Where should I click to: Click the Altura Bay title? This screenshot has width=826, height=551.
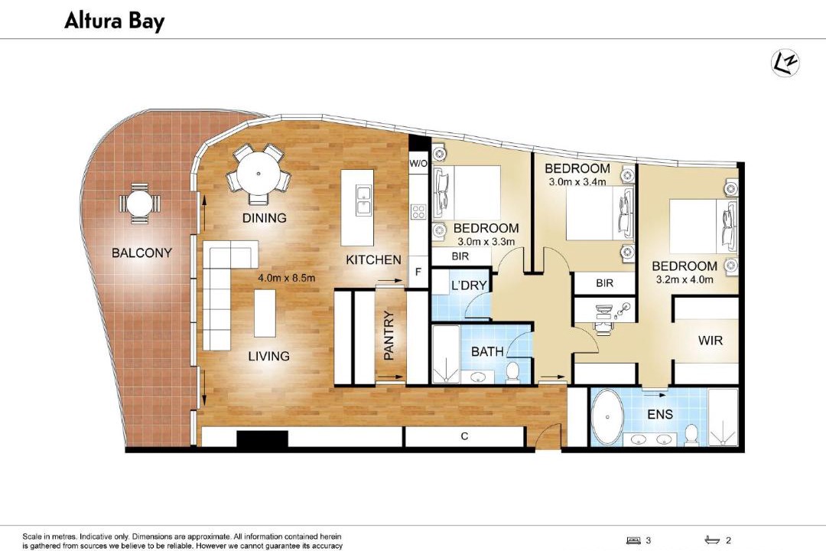(x=114, y=21)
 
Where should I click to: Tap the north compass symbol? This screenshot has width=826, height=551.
(x=785, y=64)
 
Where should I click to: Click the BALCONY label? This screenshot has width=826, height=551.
(x=141, y=253)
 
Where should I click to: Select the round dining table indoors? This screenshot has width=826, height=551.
(x=259, y=174)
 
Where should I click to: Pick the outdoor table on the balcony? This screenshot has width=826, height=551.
(x=140, y=203)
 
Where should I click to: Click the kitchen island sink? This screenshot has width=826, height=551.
(x=363, y=201)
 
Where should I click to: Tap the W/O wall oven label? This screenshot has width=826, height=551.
(x=418, y=164)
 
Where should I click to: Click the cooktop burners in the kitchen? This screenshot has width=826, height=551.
(x=419, y=212)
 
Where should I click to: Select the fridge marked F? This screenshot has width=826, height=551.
(x=418, y=272)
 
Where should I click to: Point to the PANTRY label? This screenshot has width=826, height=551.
(x=389, y=335)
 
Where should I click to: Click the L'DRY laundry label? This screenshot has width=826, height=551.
(x=469, y=285)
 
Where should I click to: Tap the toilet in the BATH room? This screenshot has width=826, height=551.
(x=512, y=371)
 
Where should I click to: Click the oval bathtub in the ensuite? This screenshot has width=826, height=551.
(x=607, y=417)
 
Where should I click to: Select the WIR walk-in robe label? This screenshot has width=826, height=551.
(x=711, y=341)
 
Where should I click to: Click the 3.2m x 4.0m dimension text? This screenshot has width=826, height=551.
(x=685, y=279)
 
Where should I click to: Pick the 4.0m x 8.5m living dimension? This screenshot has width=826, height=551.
(x=287, y=277)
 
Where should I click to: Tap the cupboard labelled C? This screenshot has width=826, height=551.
(x=464, y=436)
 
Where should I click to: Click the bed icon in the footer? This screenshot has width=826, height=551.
(x=633, y=540)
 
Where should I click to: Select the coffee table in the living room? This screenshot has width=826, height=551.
(x=265, y=313)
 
